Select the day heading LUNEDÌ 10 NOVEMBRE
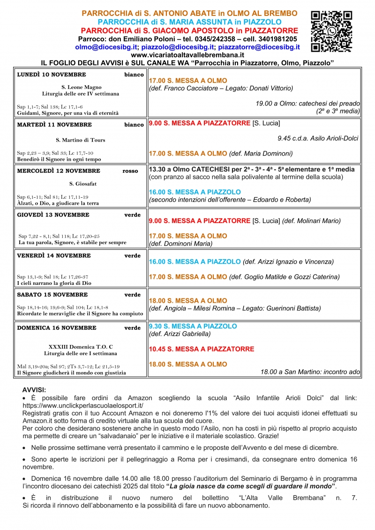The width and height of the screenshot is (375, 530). pos(52,75)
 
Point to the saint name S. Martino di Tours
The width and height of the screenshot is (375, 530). pos(81,140)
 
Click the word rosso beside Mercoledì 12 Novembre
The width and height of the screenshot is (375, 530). pos(130,171)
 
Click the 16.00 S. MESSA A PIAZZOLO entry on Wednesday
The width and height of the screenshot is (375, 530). pos(195,192)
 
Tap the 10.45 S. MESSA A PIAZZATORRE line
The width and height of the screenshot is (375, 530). pos(202,349)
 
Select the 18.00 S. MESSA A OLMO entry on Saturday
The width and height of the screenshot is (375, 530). pos(188,301)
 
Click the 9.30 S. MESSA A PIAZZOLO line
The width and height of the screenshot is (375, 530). pos(193,326)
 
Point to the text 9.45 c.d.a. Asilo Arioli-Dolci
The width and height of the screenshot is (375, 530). pos(318,138)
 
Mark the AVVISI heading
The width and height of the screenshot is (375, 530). pos(34,390)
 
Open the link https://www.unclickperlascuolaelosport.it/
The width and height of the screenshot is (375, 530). pos(83,405)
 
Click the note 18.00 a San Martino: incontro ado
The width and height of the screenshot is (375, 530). pos(310,372)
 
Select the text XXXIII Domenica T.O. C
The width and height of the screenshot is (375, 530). pos(81,347)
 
